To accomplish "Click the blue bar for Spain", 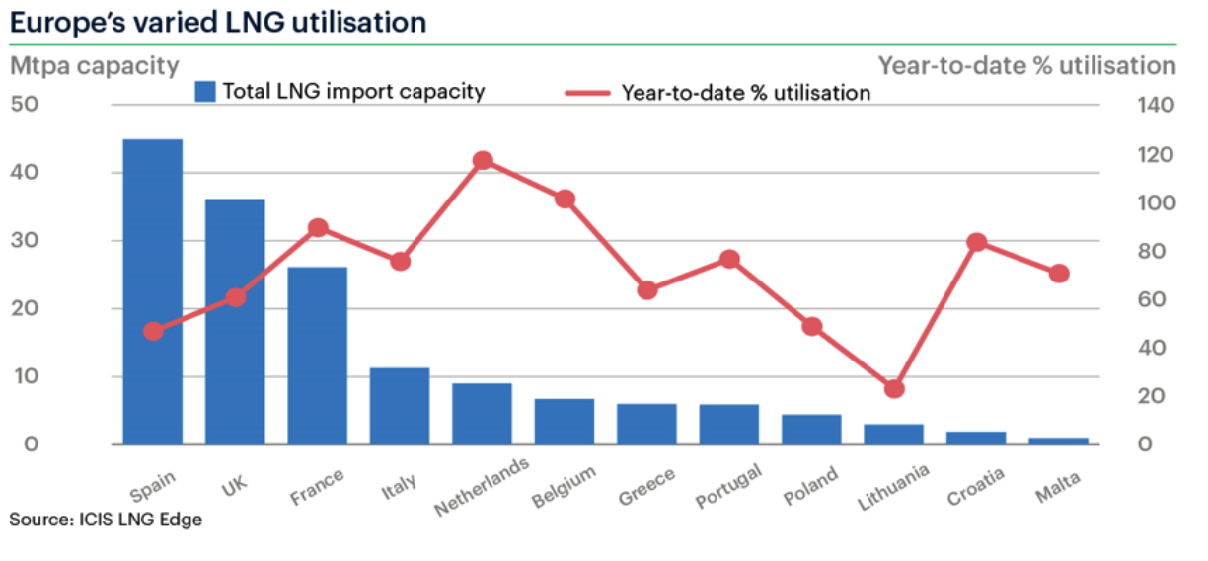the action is coord(153,291).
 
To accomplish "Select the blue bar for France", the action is coord(318,356).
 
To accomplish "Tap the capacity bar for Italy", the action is coord(400,406).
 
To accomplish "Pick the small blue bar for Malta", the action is coord(1059,441).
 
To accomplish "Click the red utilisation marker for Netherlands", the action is coord(483,160).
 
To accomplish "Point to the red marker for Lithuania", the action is coord(894,389).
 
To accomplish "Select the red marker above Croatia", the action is coord(977,242).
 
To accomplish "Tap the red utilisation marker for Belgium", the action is coord(565,200).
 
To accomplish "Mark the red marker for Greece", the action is coord(647,290).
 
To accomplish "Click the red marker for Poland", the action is coord(811,327).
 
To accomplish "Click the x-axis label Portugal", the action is coord(728,486).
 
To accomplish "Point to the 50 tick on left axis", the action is coord(25,105).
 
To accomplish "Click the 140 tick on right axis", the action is coord(1157,105).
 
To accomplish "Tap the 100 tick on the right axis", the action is coord(1157,203).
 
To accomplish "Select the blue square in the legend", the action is coord(205,92).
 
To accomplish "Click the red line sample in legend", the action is coord(587,93).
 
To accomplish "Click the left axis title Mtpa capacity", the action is coord(95,66).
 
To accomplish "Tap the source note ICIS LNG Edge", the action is coord(141,520).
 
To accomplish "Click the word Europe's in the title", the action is coord(67,23).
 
